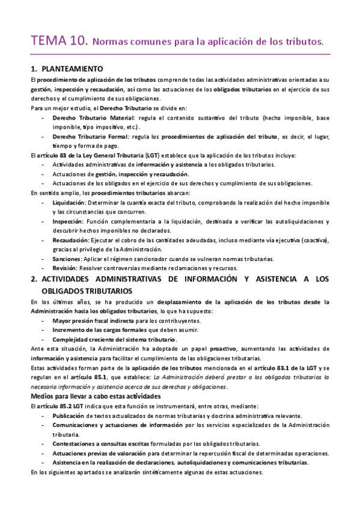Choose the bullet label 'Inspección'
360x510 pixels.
pos(67,221)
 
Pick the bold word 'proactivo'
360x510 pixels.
pos(220,349)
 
